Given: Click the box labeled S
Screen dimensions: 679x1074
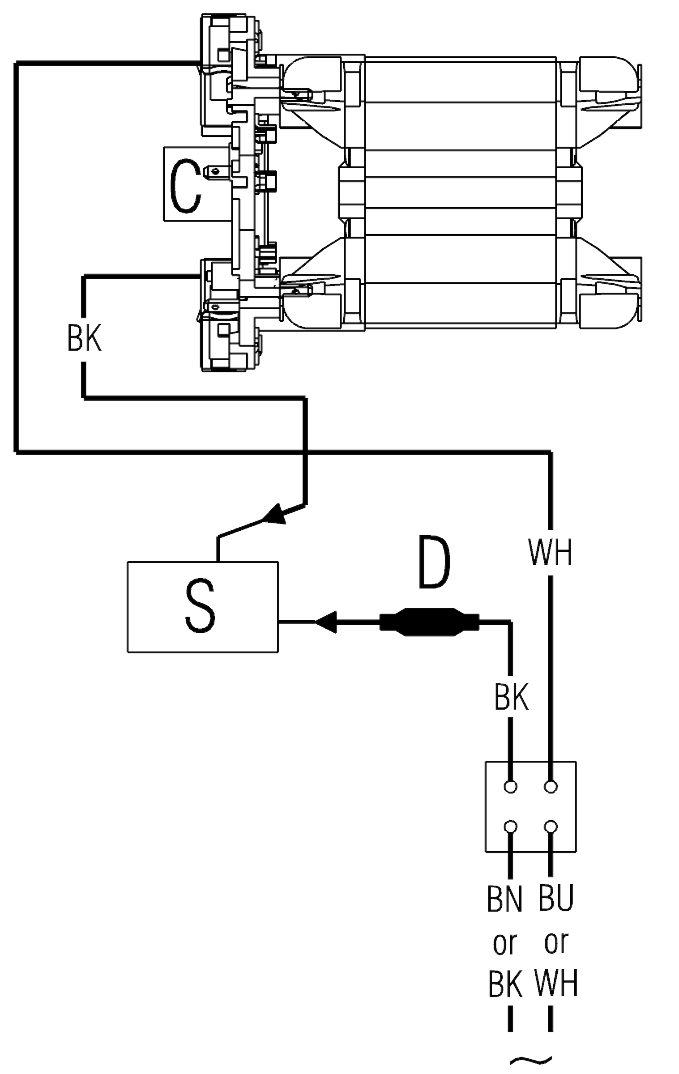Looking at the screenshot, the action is pyautogui.click(x=202, y=606).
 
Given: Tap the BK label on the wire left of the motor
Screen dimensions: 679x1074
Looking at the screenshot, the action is pyautogui.click(x=84, y=338).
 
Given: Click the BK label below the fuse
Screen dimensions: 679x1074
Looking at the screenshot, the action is pyautogui.click(x=511, y=697).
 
